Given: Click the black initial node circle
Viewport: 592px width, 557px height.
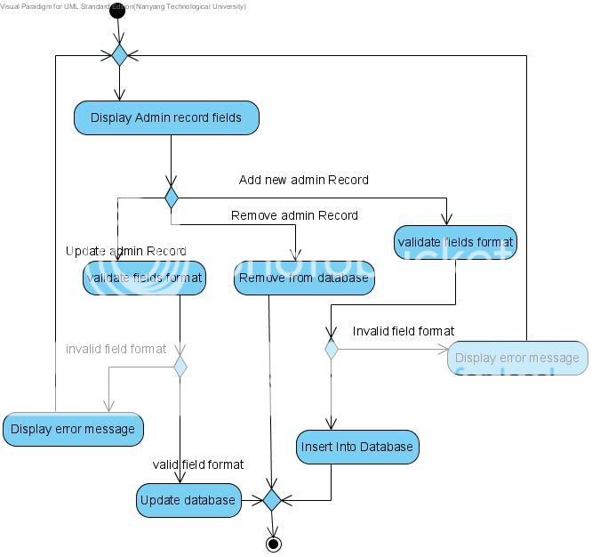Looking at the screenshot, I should point(117,11).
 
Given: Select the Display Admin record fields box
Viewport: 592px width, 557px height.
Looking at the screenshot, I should point(166,117).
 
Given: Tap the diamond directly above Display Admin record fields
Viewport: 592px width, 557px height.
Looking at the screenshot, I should point(119,55).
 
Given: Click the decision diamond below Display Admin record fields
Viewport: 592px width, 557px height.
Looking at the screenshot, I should point(171,198).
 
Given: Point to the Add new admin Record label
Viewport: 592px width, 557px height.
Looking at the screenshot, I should point(303,180).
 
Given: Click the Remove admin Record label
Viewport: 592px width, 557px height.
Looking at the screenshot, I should point(294,215).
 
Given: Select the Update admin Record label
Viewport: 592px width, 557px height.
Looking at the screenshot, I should point(125,251).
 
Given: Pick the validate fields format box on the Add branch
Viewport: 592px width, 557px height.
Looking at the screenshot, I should point(455,242).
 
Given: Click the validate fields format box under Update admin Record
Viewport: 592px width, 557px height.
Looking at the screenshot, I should point(144,278).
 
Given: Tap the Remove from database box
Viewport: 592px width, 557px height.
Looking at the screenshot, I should point(304,278).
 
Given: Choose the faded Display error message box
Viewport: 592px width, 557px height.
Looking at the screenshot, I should point(516,358).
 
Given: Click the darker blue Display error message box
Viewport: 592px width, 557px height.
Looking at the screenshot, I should point(73,429).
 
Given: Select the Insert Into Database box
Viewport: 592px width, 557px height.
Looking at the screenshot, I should point(356,447).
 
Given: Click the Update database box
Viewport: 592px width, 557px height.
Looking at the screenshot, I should point(188,500).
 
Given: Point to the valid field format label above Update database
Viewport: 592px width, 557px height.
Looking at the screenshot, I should point(197,464).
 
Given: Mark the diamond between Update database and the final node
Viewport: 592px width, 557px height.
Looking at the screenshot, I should point(272,500).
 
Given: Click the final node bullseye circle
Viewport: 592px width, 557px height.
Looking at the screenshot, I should point(273,544).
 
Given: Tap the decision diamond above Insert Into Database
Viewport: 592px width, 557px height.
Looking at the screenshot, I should point(331,349).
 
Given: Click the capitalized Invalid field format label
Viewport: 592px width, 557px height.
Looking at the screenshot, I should point(403,331).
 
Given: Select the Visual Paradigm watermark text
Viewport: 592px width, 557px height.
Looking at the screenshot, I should point(123,6).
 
